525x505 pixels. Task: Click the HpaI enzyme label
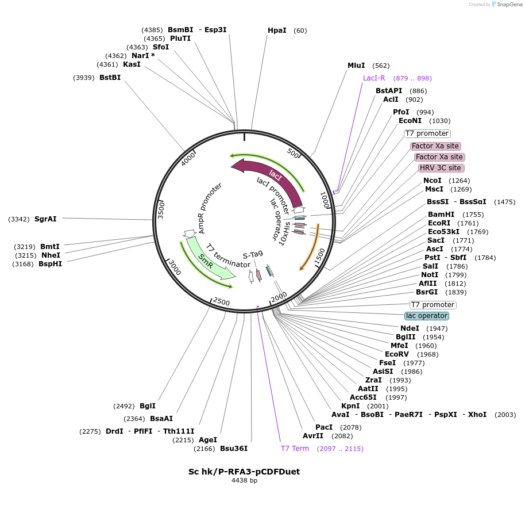tap(277, 30)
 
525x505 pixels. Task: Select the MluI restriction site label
tap(356, 66)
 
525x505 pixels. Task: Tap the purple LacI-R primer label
tap(374, 78)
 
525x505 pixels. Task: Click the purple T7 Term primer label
tap(295, 449)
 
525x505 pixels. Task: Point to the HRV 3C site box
tap(441, 168)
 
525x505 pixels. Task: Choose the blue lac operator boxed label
tap(426, 316)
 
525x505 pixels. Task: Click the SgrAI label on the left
tap(45, 219)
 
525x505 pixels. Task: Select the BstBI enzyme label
tap(110, 78)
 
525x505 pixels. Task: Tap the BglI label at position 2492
tap(148, 406)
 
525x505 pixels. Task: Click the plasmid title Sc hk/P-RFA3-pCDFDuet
tap(244, 472)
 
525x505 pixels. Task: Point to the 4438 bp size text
tap(244, 480)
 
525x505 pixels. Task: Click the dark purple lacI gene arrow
tap(270, 175)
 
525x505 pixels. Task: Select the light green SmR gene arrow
tap(206, 262)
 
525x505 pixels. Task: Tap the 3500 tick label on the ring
tap(161, 209)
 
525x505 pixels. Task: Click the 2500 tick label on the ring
tap(221, 302)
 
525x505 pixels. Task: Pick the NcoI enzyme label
tap(432, 181)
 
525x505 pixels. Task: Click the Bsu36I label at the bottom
tap(233, 449)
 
